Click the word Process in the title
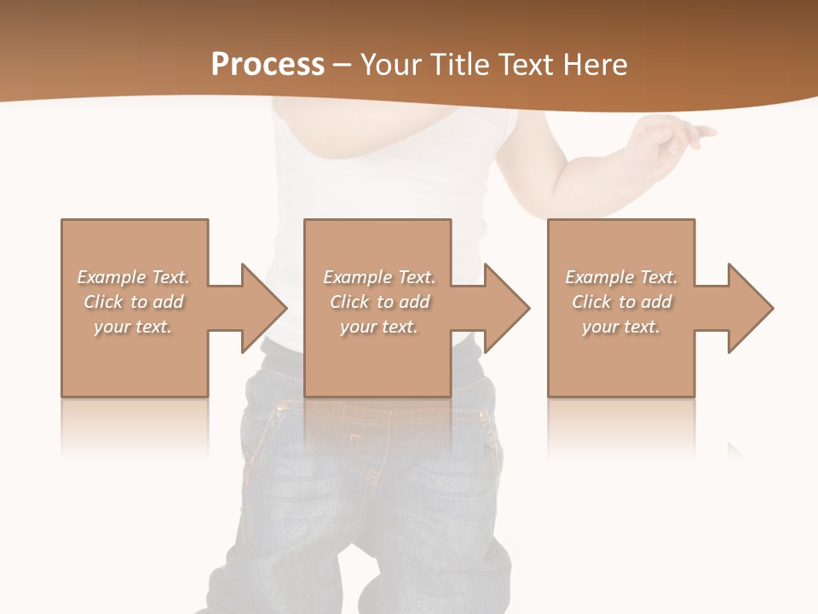click(268, 65)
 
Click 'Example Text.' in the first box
click(133, 277)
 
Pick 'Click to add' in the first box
click(133, 302)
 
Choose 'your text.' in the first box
click(133, 327)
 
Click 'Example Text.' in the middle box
click(379, 277)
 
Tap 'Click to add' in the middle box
click(379, 302)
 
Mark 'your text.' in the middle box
click(379, 327)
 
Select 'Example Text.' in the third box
click(621, 277)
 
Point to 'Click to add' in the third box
click(621, 302)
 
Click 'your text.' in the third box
click(621, 327)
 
